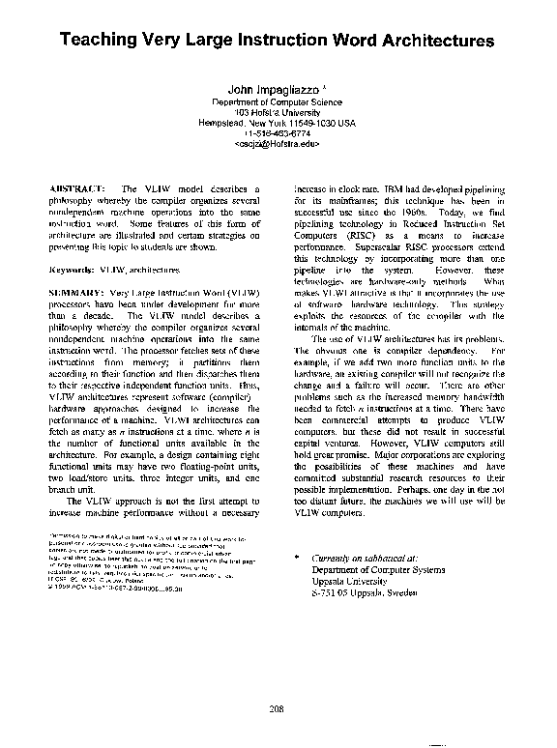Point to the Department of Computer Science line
pyautogui.click(x=277, y=101)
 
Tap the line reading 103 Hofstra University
pyautogui.click(x=277, y=112)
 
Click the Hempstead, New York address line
pyautogui.click(x=277, y=123)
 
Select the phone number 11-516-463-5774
pyautogui.click(x=277, y=133)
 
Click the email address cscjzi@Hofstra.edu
pyautogui.click(x=277, y=144)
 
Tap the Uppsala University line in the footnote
pyautogui.click(x=351, y=582)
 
